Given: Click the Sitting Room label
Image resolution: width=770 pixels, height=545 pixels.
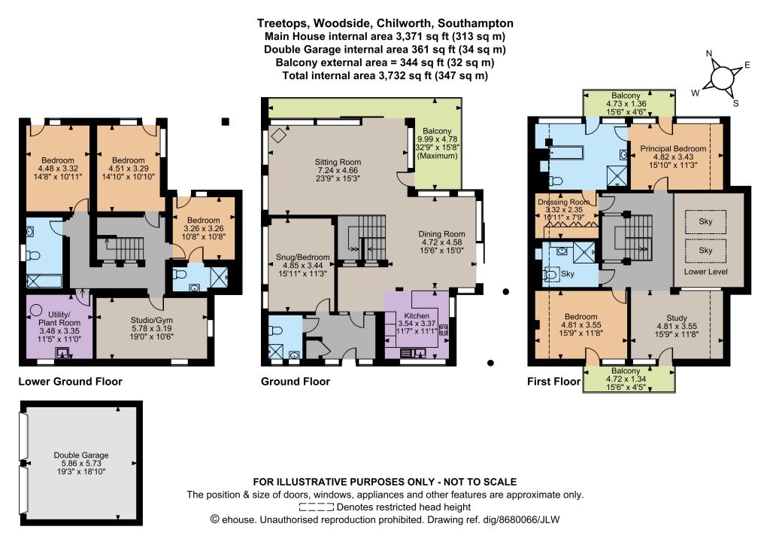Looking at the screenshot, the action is coord(338,162).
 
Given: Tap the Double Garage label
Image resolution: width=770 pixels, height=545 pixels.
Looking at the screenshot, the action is coord(81,455).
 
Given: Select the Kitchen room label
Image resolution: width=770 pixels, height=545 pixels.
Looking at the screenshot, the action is coord(417,315).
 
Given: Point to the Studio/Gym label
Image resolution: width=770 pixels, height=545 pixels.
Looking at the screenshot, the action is coord(152,320).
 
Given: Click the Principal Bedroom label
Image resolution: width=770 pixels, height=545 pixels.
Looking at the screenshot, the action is coord(673,148).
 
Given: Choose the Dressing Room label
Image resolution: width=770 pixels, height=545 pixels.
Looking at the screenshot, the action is coord(564,202).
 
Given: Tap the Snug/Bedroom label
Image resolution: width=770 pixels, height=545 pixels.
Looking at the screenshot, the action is coord(302,257).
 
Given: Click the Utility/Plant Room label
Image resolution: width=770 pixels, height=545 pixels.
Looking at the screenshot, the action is coord(59,318).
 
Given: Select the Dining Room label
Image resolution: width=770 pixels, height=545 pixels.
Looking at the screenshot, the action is coord(441,234).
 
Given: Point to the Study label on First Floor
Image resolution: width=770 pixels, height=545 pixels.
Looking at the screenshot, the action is coord(676,318).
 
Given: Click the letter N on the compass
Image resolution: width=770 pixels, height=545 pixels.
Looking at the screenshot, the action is coord(708,53).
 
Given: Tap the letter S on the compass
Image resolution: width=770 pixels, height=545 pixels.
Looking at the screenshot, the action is coord(735,103).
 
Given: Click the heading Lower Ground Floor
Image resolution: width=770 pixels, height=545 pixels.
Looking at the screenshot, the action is coord(70,382).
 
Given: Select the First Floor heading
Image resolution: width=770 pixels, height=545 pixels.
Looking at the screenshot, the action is coord(553,382).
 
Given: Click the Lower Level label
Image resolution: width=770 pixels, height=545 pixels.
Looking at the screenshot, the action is coord(705,271).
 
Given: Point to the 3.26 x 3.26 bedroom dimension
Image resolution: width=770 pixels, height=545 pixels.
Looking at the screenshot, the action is coord(203,229).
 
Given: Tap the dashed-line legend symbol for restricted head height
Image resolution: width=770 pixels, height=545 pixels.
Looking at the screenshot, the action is coord(317,507).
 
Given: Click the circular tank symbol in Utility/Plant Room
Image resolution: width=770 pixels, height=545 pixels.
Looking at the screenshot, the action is coord(36,311).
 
